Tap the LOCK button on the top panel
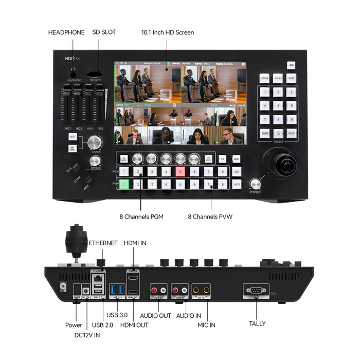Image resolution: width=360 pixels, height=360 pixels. tap(291, 65)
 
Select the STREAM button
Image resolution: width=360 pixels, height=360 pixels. tap(264, 79)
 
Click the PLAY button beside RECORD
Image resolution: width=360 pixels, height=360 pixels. tap(291, 79)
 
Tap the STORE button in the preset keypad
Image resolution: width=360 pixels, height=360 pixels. tap(264, 133)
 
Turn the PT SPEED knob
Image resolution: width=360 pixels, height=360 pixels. tap(255, 183)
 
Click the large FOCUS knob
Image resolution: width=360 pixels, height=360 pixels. tap(95, 142)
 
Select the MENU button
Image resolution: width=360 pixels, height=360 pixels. tap(237, 159)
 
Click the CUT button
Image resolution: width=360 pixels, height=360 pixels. tap(237, 172)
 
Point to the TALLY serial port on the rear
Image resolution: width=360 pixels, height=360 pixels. tap(256, 291)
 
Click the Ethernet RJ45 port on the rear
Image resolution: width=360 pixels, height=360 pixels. tap(97, 278)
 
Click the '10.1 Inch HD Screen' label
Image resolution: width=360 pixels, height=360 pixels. tap(168, 32)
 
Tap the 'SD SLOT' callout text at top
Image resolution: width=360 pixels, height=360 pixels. tap(104, 32)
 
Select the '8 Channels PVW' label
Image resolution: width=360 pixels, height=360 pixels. tap(210, 217)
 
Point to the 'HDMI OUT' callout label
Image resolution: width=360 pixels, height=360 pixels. tap(135, 325)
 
